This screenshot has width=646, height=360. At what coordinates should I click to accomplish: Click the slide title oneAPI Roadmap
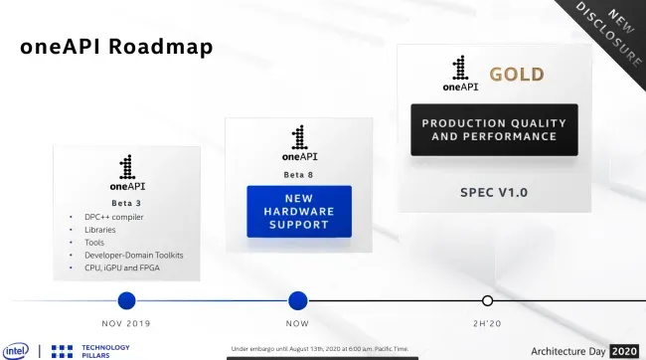[116, 46]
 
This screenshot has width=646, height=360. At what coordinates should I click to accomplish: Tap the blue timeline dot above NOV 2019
[126, 300]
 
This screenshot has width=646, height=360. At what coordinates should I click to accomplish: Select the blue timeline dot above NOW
[298, 300]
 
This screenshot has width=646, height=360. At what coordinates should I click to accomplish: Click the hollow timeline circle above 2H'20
[487, 300]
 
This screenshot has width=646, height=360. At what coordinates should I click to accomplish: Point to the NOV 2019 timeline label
[126, 324]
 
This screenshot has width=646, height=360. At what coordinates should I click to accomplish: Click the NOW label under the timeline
[297, 324]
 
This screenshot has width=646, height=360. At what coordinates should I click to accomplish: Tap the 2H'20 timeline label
[487, 324]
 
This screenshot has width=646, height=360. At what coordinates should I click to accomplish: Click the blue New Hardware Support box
[299, 212]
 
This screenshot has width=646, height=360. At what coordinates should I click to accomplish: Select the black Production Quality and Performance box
[494, 130]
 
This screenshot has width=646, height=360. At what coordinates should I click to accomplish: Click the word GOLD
[517, 75]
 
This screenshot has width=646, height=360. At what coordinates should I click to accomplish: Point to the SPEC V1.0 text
[494, 193]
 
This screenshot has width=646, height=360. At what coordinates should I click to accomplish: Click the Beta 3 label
[126, 203]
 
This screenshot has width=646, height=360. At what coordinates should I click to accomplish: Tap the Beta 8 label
[299, 175]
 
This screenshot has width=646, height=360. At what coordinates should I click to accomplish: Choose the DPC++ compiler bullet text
[114, 217]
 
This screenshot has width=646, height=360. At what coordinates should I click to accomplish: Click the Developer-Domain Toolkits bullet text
[134, 256]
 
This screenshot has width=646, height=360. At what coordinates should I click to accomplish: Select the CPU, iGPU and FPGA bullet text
[122, 269]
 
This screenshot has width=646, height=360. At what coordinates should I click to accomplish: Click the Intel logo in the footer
[16, 351]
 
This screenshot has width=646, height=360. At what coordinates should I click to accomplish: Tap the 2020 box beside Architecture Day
[624, 351]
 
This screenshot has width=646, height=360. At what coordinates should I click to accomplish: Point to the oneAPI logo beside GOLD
[460, 73]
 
